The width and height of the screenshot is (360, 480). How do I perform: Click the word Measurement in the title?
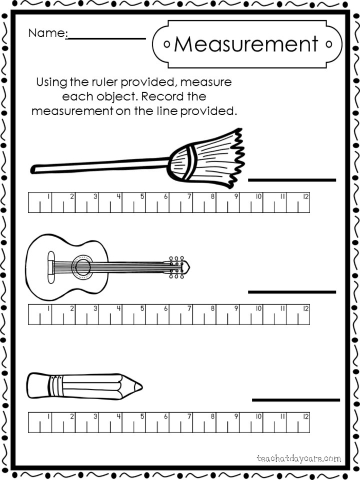(x=246, y=44)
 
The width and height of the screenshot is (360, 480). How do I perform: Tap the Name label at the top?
(x=47, y=33)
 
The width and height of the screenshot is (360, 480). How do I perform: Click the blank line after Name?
(x=107, y=38)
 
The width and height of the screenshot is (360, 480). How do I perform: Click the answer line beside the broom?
(x=292, y=180)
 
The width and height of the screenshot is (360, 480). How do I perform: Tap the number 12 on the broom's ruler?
(x=305, y=196)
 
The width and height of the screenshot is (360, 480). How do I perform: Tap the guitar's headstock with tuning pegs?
(x=177, y=266)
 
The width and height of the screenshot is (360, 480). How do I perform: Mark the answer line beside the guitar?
(x=292, y=292)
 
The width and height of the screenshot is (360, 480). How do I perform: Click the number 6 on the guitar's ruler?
(x=166, y=309)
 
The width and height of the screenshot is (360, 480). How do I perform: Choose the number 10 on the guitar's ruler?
(x=258, y=309)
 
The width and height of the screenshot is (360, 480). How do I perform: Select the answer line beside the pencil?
(x=296, y=400)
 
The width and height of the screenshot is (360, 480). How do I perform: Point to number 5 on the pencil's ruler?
(x=142, y=416)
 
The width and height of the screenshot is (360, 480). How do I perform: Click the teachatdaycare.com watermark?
(x=298, y=457)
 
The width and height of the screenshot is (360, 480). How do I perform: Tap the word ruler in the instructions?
(x=106, y=82)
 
